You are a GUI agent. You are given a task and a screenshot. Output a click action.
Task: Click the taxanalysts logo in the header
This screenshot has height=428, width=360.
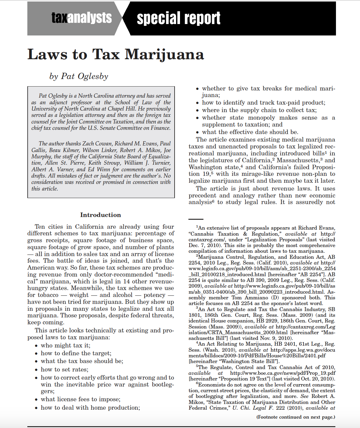[81, 18]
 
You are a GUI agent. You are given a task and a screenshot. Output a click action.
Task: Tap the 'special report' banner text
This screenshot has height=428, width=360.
[178, 18]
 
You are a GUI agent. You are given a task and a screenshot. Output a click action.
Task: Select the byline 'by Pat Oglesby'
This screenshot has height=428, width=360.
[79, 76]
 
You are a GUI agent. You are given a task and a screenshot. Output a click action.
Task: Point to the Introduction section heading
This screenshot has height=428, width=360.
[100, 215]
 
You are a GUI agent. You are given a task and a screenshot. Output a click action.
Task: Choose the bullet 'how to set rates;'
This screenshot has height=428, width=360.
[65, 369]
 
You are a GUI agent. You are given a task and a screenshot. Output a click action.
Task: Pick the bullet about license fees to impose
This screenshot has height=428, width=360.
[81, 399]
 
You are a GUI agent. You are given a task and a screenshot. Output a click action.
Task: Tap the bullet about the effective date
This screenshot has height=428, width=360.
[250, 132]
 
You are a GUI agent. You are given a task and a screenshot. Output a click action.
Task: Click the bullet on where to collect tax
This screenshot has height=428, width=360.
[259, 110]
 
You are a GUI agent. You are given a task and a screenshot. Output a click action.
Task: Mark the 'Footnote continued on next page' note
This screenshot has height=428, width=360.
[295, 417]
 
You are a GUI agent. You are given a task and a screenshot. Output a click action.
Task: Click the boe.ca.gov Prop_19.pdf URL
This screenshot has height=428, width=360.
[283, 373]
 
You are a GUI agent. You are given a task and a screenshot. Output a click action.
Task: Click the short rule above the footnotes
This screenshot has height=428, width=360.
[196, 219]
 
